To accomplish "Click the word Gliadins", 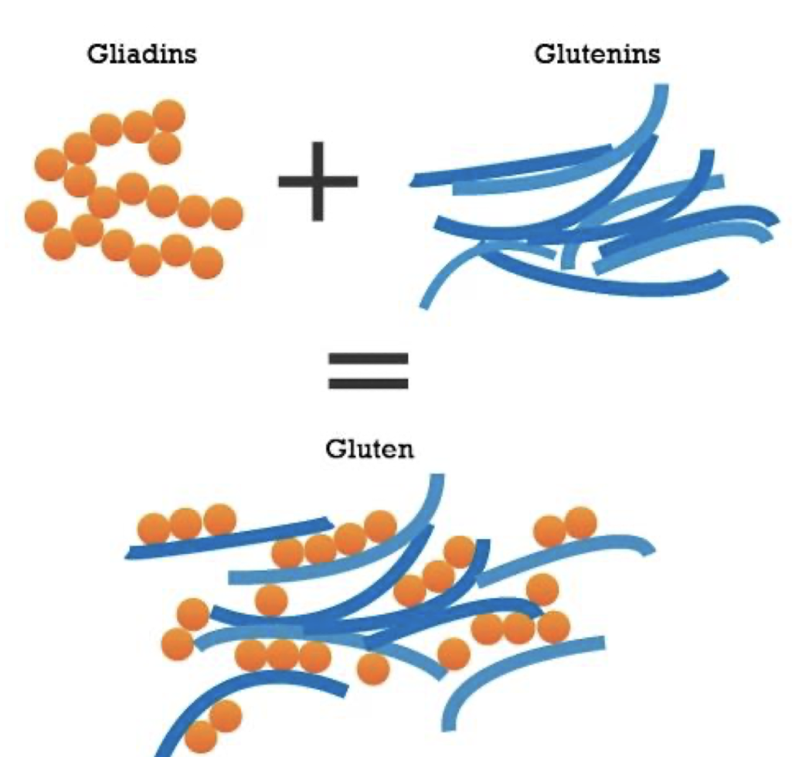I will click(x=141, y=55).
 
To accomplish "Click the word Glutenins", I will click(x=597, y=55).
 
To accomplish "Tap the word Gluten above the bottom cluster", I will click(x=369, y=449).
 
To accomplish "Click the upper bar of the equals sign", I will click(x=368, y=359).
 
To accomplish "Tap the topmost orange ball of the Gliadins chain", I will click(x=168, y=117).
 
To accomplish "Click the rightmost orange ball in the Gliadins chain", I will click(x=226, y=214).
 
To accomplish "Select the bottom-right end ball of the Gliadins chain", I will click(x=206, y=263).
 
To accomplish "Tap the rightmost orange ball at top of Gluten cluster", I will click(x=581, y=523).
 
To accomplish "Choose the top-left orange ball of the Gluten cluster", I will click(x=154, y=529).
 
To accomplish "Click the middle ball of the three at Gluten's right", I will click(x=518, y=628).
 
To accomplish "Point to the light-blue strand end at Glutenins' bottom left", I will click(x=425, y=303).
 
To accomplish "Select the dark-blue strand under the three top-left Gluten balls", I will click(x=232, y=541).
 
